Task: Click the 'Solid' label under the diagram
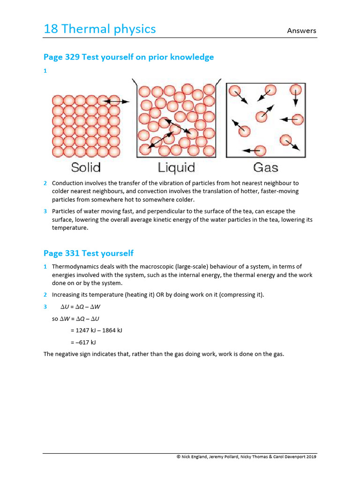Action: (x=86, y=167)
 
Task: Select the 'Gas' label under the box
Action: (x=265, y=167)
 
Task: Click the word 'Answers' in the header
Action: (x=302, y=31)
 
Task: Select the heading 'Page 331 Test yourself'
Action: (x=88, y=254)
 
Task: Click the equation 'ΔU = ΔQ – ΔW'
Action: (x=81, y=307)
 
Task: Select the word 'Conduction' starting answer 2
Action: (x=66, y=183)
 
